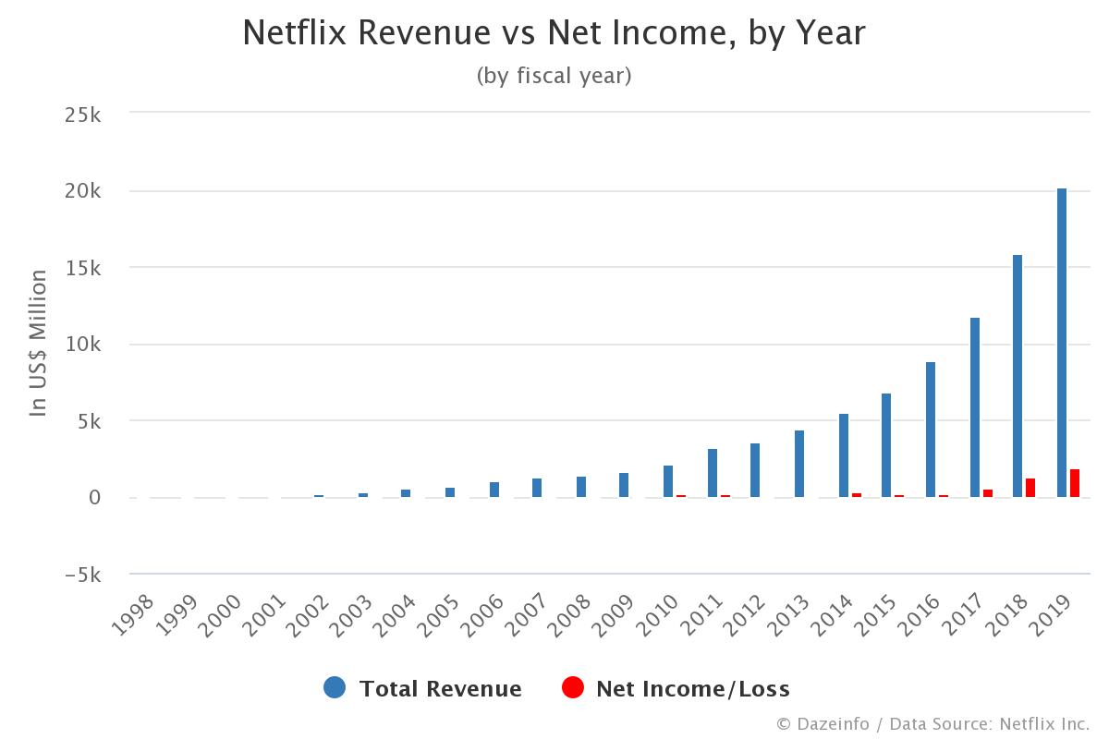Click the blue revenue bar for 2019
(1062, 342)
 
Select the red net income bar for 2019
(1075, 484)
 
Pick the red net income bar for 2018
(1030, 489)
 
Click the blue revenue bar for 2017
(975, 407)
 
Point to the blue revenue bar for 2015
(886, 445)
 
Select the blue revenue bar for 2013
(799, 464)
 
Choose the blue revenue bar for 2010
(668, 481)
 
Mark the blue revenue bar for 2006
(494, 490)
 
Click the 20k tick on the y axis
(82, 191)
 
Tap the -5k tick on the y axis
(82, 575)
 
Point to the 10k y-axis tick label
(82, 345)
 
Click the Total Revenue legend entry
(440, 688)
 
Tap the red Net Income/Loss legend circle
(573, 687)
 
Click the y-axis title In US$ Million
(38, 343)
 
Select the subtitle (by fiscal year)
(554, 76)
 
